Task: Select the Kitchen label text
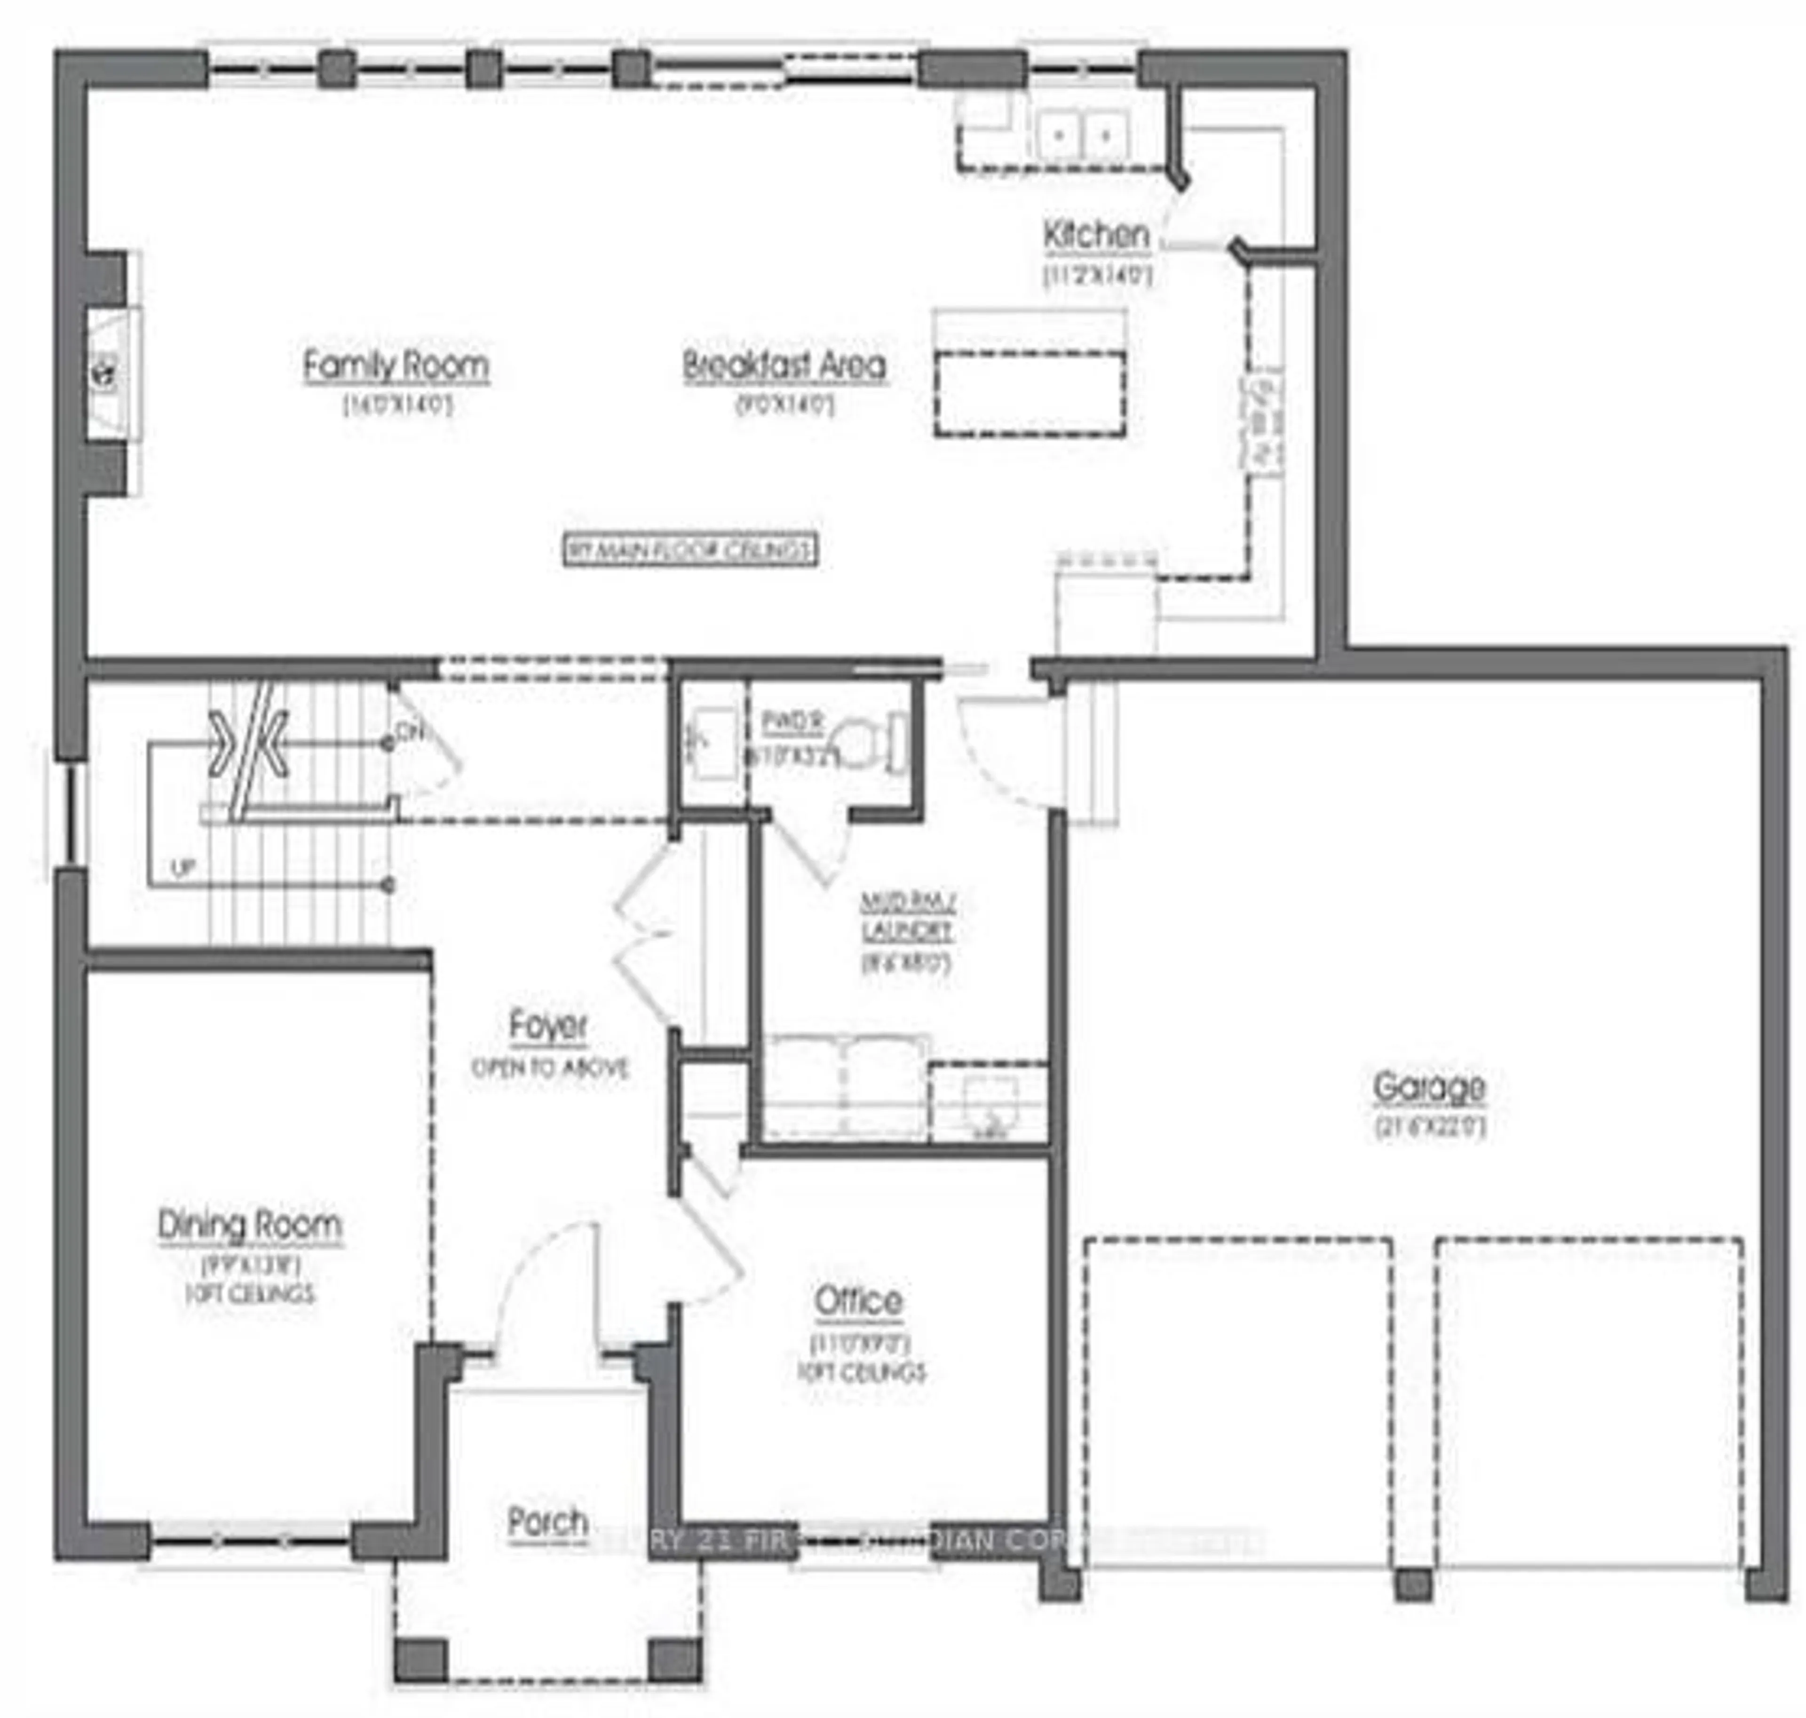click(x=1095, y=234)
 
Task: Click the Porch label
click(x=547, y=1522)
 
